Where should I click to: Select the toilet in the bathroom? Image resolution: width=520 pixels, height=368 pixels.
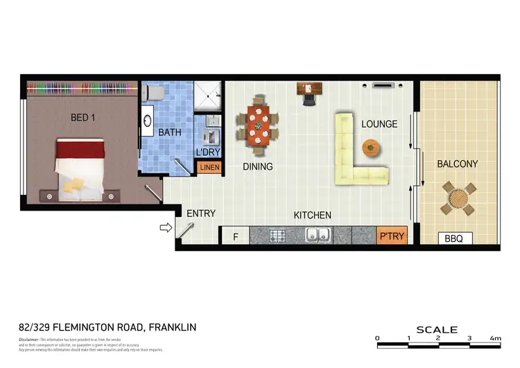pos(156,92)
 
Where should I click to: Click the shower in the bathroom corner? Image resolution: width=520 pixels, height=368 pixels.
pos(207,96)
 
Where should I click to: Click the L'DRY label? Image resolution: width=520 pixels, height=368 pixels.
pos(209,150)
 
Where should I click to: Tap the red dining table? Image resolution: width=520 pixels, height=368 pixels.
pos(259,127)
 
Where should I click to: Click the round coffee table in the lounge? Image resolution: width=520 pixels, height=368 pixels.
pos(371,148)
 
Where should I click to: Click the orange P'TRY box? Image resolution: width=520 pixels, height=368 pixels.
pos(391,236)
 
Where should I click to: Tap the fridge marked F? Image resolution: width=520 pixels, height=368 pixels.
pos(235,236)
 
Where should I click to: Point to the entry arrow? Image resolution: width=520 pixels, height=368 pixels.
pos(166,227)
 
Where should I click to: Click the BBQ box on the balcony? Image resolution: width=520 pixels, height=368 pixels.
pos(454,238)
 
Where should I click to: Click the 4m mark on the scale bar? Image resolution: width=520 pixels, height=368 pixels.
pos(495,338)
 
